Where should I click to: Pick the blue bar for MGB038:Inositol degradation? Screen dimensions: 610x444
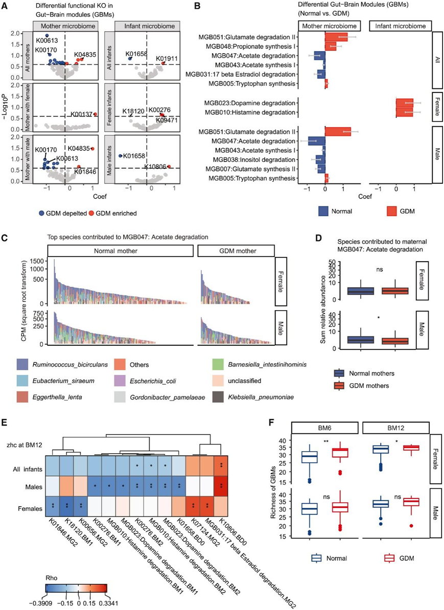pos(320,159)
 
